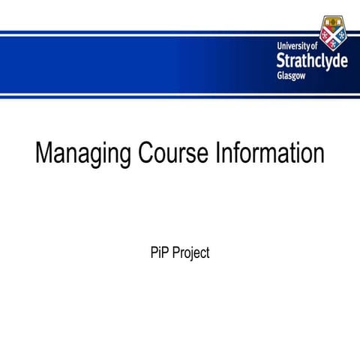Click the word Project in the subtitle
pyautogui.click(x=190, y=253)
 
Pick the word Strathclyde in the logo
pyautogui.click(x=311, y=60)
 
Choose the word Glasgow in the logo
pyautogui.click(x=292, y=76)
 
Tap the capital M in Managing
pyautogui.click(x=43, y=154)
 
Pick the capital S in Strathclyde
pyautogui.click(x=281, y=60)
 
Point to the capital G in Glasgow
pyautogui.click(x=280, y=76)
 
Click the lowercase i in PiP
pyautogui.click(x=160, y=253)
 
